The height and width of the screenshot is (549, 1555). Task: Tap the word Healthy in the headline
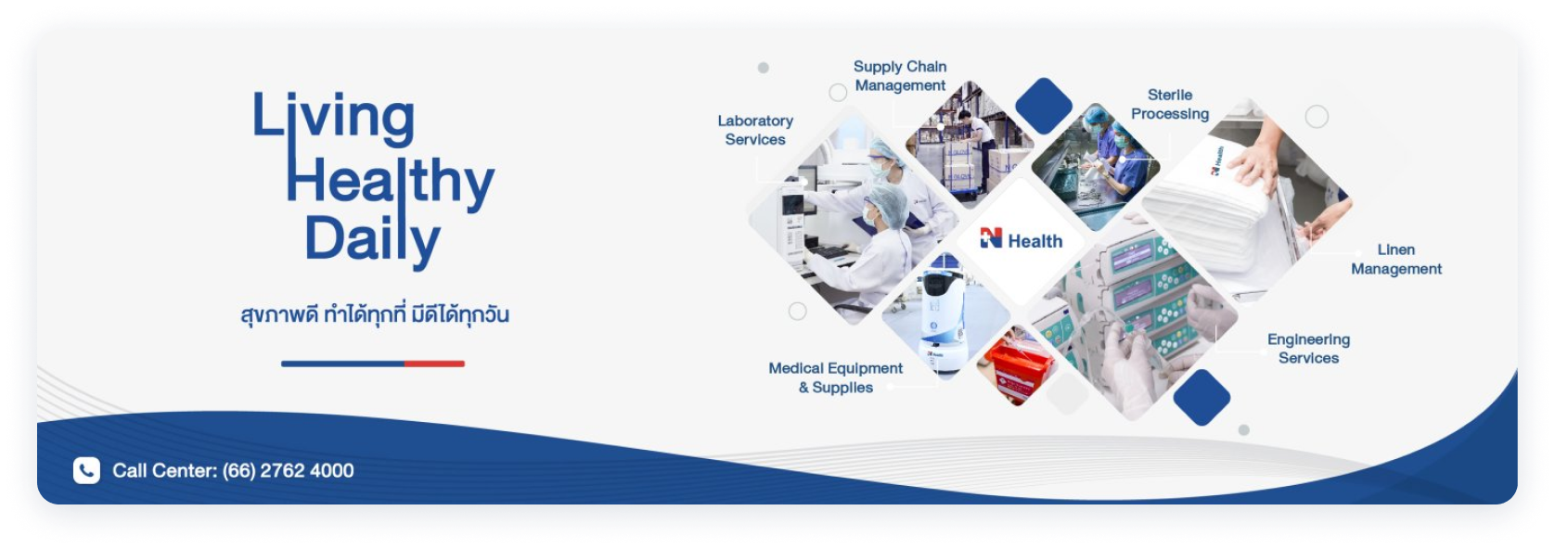[391, 182]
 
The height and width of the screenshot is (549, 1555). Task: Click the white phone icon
[87, 470]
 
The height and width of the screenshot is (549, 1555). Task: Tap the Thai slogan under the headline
[375, 313]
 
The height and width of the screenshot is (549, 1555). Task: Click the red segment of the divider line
[434, 364]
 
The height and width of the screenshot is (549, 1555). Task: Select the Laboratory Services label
[755, 130]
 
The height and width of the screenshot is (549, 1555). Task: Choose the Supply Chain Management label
[900, 76]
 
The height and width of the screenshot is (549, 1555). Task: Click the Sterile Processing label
[1170, 104]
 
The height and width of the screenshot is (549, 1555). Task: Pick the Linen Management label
[1396, 259]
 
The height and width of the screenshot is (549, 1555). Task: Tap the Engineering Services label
[1308, 349]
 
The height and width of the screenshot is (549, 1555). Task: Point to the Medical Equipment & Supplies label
[836, 377]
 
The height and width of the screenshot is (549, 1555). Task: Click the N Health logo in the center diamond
[1022, 240]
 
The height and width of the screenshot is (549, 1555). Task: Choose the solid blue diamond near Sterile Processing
[1044, 106]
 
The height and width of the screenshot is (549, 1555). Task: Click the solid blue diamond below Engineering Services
[1202, 397]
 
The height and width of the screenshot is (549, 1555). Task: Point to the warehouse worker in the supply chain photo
[979, 149]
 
